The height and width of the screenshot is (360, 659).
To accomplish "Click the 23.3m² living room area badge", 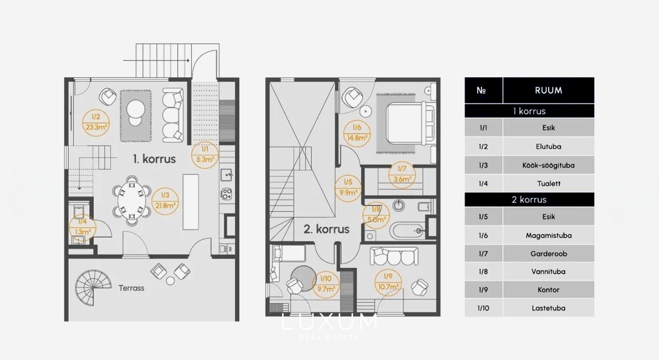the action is coord(96,123).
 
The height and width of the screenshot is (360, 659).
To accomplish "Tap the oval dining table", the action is coord(132,201).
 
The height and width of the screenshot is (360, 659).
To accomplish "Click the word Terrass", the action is coord(131,288).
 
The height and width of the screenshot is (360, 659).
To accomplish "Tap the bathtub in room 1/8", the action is coord(407,231).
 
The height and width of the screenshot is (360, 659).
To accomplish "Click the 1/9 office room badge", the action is coord(388,282).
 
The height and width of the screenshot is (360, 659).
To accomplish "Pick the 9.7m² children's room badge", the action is coord(326,285).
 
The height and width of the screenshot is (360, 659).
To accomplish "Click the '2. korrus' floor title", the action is coord(326,229).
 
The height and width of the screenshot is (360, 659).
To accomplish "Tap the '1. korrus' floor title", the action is coord(154,159).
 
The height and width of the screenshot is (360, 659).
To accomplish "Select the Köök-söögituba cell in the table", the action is coord(548,165).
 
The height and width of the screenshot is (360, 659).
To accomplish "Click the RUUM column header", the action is coord(548,90).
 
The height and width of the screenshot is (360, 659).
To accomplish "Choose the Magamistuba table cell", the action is coord(548,236).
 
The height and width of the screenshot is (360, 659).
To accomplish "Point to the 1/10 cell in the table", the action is coord(483,308).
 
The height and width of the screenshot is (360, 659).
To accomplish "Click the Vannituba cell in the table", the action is coord(548,271).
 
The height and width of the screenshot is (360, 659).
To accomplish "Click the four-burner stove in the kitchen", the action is coord(226,194).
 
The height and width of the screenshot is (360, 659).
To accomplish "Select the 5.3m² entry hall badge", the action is coord(205,155).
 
